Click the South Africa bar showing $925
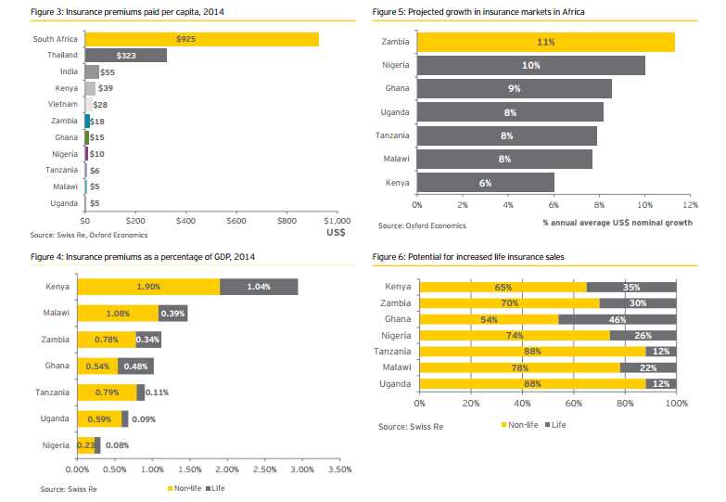click(201, 39)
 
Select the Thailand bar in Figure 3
click(125, 55)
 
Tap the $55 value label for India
click(108, 71)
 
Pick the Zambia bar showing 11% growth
click(545, 43)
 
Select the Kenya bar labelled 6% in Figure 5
click(485, 183)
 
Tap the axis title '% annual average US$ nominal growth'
click(618, 223)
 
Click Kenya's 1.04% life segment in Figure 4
click(259, 288)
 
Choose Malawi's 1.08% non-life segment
click(118, 314)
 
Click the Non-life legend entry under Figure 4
click(185, 487)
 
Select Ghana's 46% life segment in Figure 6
click(618, 318)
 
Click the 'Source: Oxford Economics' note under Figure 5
click(422, 225)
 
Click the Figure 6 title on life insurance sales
click(468, 254)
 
